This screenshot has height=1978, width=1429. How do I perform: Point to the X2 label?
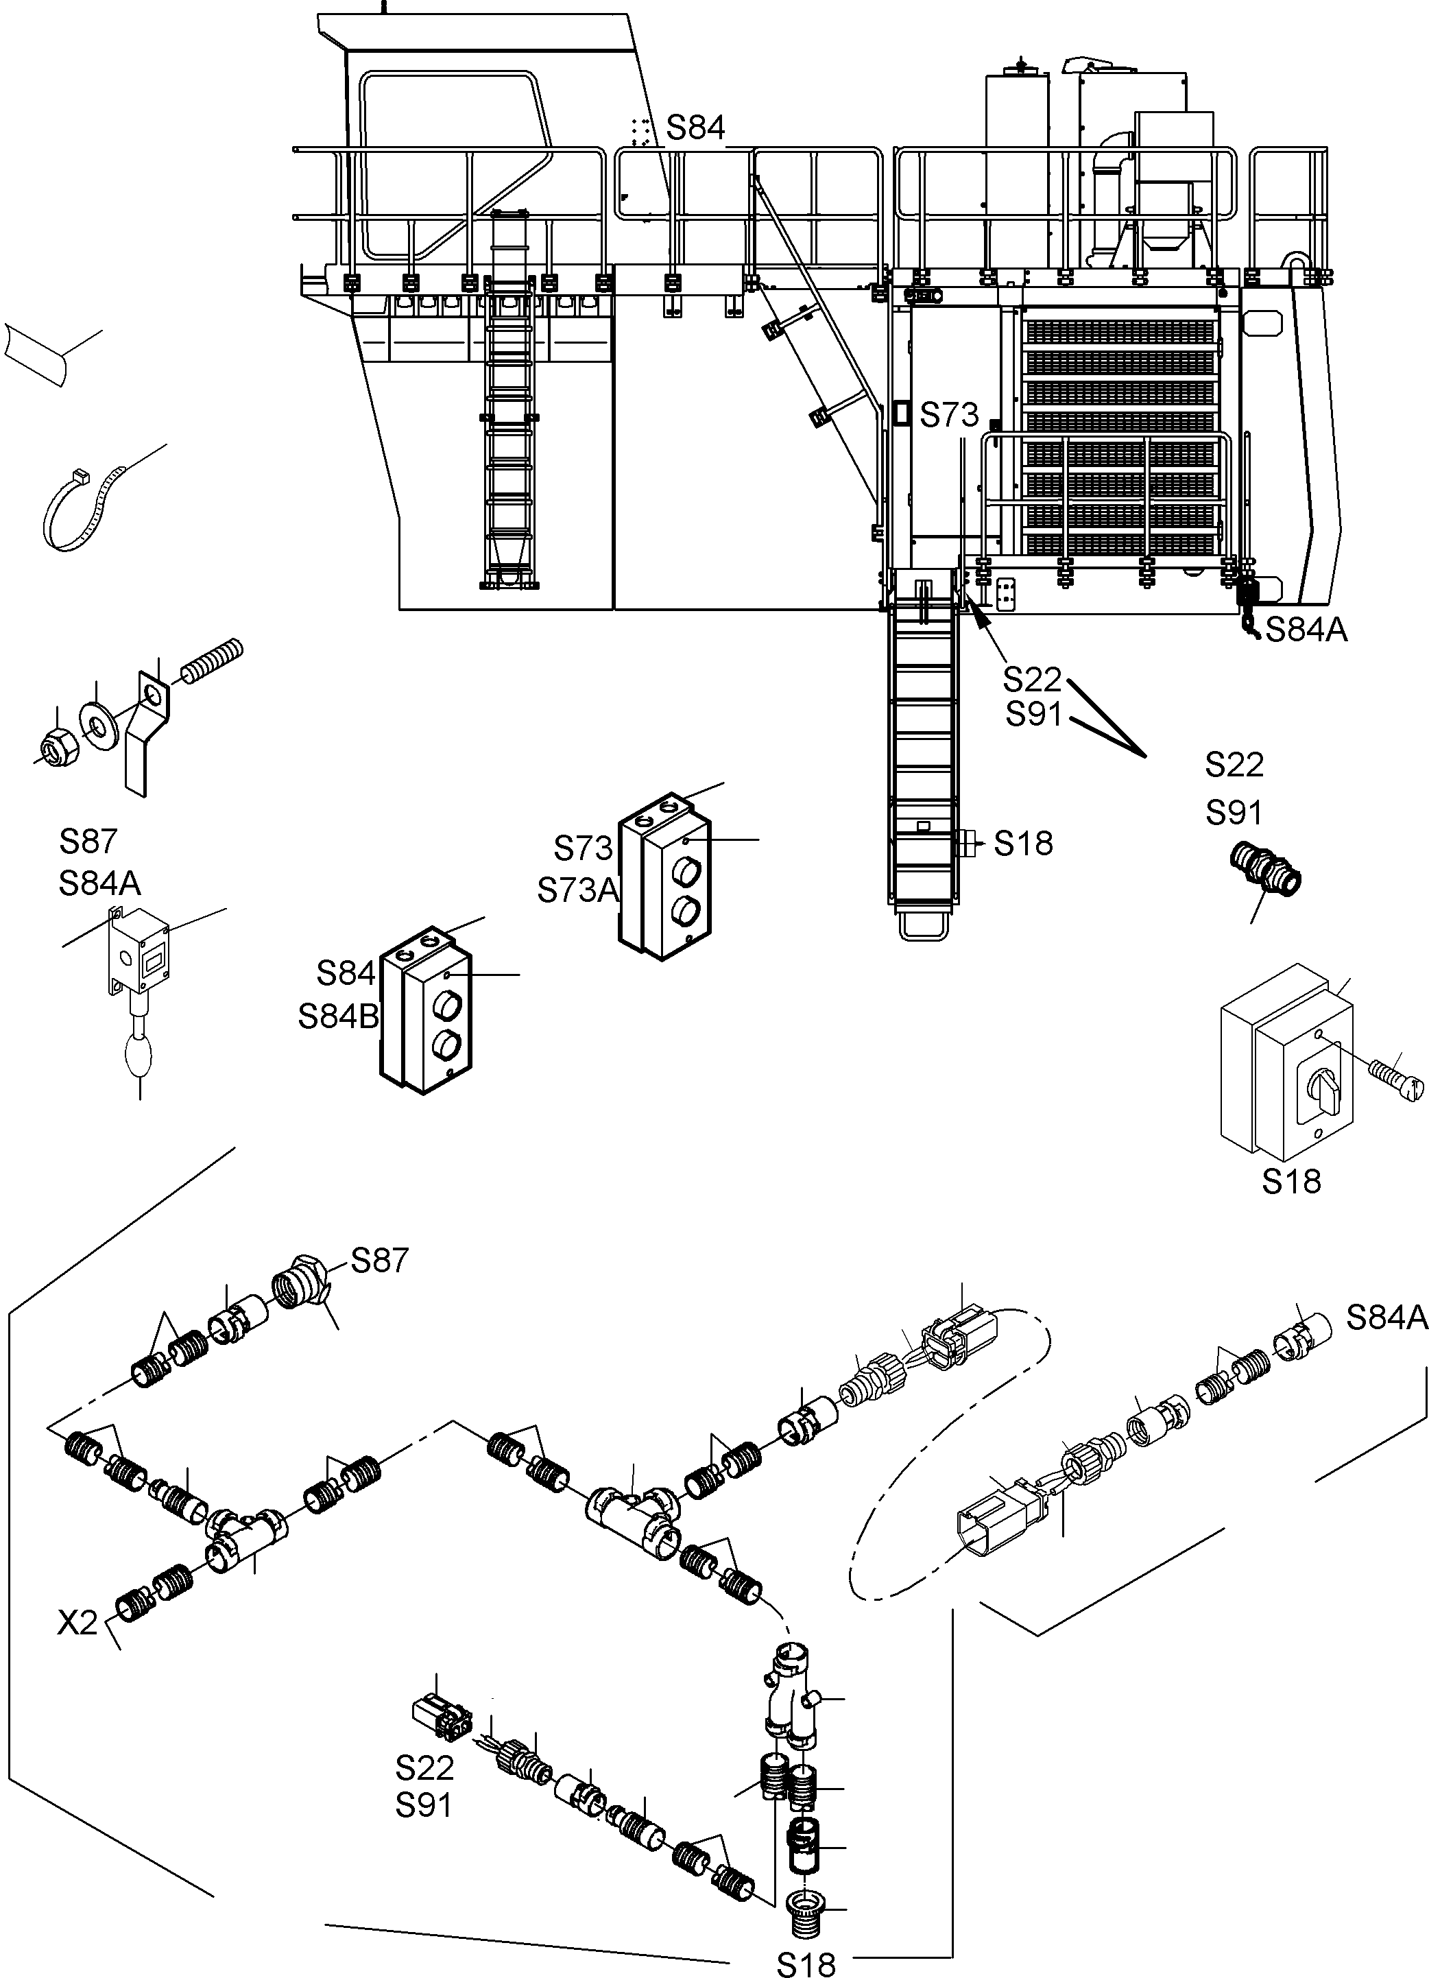pos(77,1623)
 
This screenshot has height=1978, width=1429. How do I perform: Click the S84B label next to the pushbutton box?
pos(338,1016)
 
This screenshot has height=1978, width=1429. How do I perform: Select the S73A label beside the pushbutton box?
pos(577,890)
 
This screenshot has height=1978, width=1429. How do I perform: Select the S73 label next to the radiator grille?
pos(950,415)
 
